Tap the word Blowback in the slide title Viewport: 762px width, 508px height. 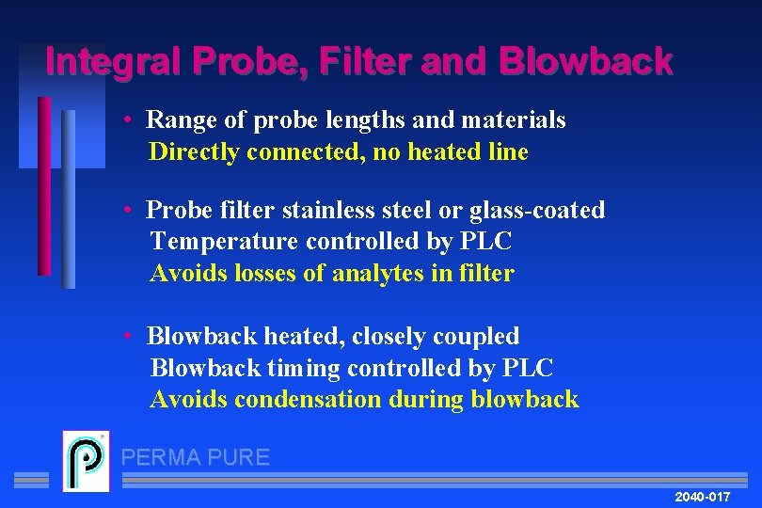pyautogui.click(x=587, y=62)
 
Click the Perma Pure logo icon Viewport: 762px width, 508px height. pyautogui.click(x=86, y=461)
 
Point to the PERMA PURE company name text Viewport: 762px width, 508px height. pyautogui.click(x=196, y=458)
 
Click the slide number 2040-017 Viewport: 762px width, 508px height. pyautogui.click(x=702, y=495)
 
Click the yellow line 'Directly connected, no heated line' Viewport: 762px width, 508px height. pyautogui.click(x=339, y=152)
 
